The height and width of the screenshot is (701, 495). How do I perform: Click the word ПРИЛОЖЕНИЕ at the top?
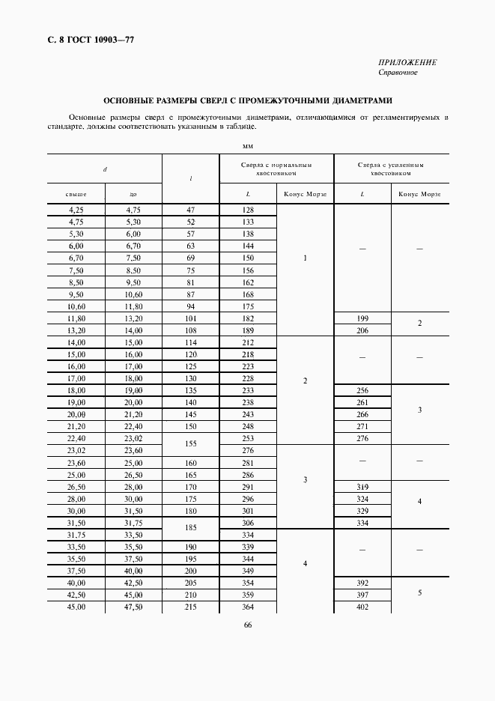(x=407, y=62)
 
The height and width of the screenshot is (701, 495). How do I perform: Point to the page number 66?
(x=247, y=626)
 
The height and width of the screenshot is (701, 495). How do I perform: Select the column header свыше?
(x=76, y=194)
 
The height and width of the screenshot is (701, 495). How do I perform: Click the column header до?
(x=133, y=194)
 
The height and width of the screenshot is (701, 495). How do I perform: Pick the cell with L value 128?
(x=248, y=210)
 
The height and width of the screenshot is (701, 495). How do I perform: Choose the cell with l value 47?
(x=190, y=210)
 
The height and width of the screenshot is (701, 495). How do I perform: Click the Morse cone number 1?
(x=305, y=258)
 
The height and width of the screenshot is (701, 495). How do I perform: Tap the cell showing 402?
(x=362, y=607)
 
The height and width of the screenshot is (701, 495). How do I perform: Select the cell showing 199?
(x=362, y=319)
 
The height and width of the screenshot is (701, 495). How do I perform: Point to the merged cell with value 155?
(x=190, y=444)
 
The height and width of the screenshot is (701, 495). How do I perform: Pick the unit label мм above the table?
(x=248, y=145)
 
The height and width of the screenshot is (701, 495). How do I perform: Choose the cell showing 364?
(x=248, y=607)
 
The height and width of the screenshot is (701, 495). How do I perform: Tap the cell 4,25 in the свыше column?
(x=76, y=210)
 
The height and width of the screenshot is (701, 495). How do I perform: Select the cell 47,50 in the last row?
(x=133, y=607)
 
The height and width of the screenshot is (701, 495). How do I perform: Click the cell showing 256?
(x=362, y=391)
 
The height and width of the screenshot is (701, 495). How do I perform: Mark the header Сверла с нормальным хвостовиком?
(x=276, y=169)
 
